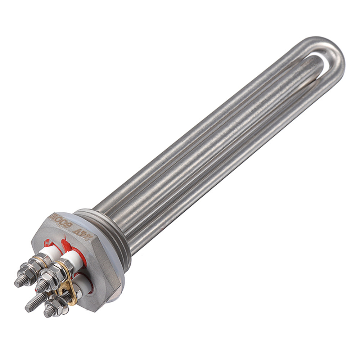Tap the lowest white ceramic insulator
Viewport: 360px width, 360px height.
pos(83,283)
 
